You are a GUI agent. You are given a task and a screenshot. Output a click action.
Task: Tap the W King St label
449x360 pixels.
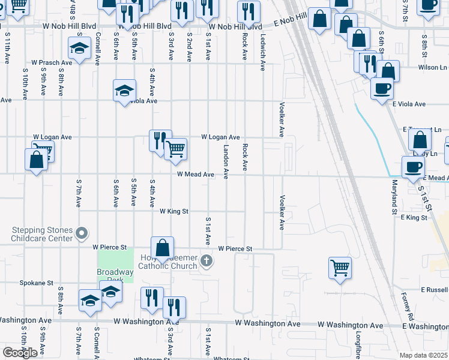click(x=174, y=211)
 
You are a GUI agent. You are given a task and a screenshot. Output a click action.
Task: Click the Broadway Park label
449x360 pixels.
click(x=115, y=275)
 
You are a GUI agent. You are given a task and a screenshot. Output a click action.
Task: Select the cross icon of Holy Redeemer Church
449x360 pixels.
click(x=206, y=260)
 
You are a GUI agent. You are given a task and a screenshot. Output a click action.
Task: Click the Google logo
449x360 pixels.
click(x=20, y=353)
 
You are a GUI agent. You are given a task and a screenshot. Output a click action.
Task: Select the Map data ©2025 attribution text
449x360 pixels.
click(x=423, y=355)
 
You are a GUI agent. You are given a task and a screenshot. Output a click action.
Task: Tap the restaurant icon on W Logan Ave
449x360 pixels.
click(x=159, y=140)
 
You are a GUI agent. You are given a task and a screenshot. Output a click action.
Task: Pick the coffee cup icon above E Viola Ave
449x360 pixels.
click(x=381, y=89)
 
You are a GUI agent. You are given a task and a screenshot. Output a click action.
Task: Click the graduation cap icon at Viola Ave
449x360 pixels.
click(x=124, y=91)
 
